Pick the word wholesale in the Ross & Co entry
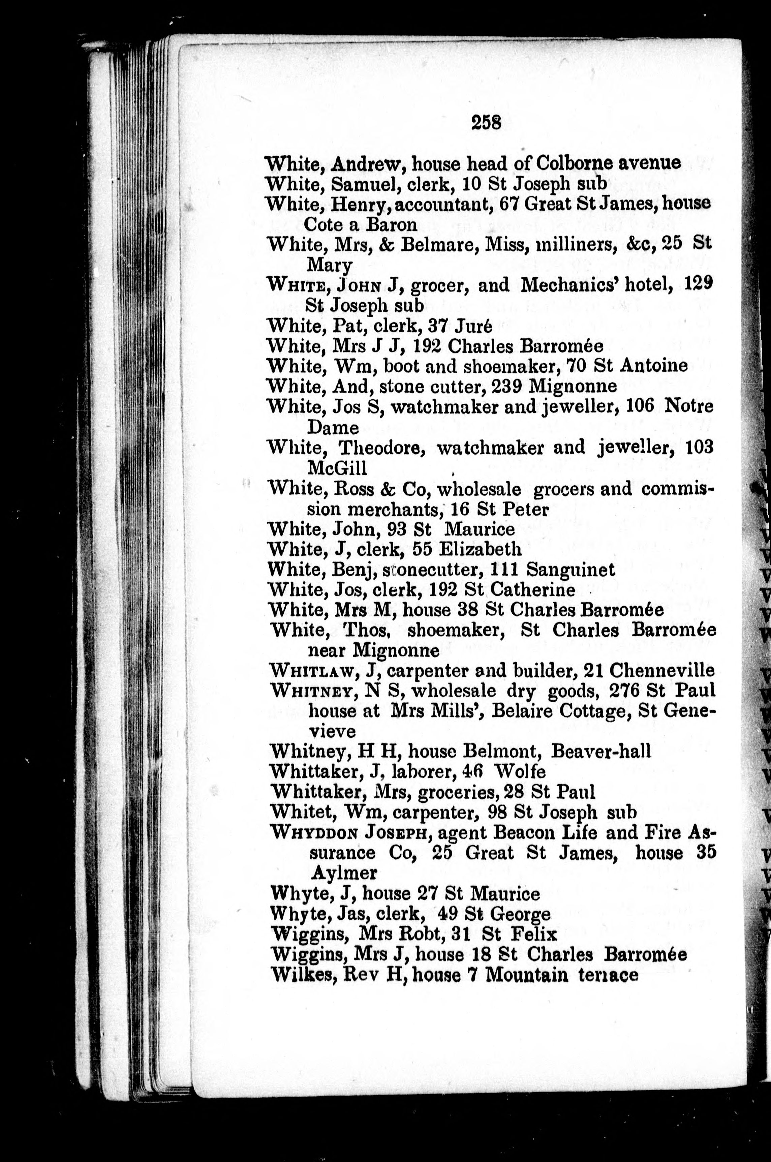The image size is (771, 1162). point(479,489)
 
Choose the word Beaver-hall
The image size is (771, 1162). point(600,751)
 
